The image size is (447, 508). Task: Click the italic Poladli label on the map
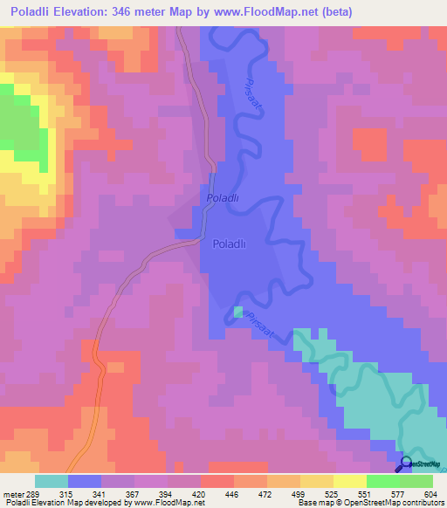222,199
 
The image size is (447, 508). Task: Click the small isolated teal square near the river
238,312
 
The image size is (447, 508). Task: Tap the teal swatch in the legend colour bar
51,481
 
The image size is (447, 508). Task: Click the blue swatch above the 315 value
85,481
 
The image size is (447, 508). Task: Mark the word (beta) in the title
413,12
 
